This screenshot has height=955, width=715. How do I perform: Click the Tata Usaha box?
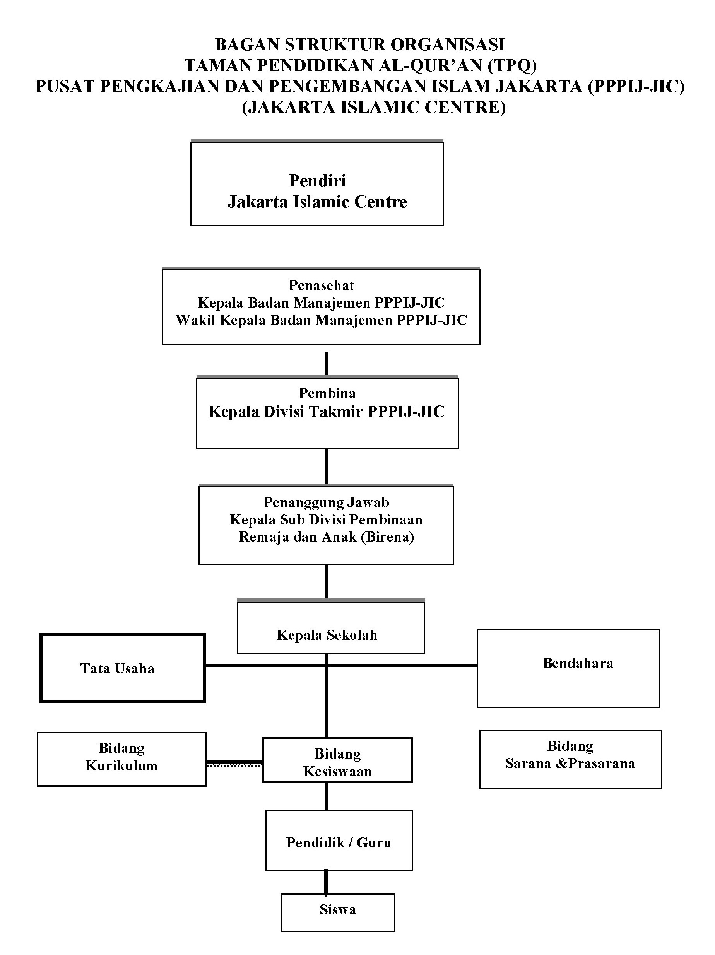pyautogui.click(x=122, y=668)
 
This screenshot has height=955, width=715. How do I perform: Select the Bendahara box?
pyautogui.click(x=568, y=668)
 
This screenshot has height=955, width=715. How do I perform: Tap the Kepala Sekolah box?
pyautogui.click(x=331, y=627)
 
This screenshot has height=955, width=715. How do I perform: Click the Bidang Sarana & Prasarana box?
pyautogui.click(x=570, y=759)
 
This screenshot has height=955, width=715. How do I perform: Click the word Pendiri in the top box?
pyautogui.click(x=317, y=181)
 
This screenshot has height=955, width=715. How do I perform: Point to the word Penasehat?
pyautogui.click(x=321, y=285)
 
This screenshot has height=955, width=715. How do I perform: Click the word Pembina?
pyautogui.click(x=327, y=393)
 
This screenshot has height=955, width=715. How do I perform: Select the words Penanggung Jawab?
pyautogui.click(x=326, y=502)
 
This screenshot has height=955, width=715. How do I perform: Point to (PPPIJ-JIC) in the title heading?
pyautogui.click(x=636, y=87)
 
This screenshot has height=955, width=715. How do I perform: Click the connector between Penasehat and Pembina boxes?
pyautogui.click(x=327, y=364)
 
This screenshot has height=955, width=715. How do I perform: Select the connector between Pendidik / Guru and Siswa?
pyautogui.click(x=326, y=882)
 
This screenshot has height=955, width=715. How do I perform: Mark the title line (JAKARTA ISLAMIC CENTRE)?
pyautogui.click(x=373, y=108)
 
